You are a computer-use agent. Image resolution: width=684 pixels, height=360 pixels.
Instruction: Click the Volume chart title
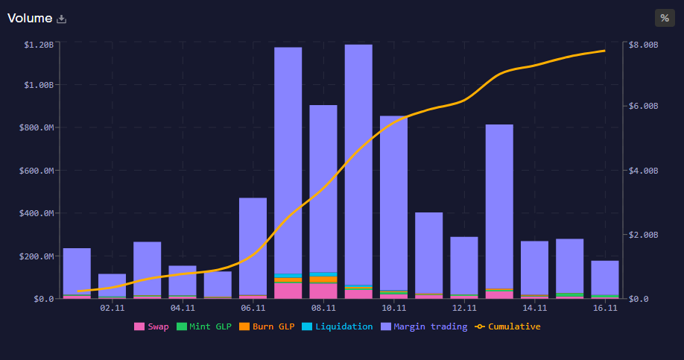30,18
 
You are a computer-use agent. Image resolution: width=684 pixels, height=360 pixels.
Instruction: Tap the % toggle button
664,18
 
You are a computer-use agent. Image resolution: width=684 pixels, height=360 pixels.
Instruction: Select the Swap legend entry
151,326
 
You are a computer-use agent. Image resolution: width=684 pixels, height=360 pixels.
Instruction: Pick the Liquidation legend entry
338,326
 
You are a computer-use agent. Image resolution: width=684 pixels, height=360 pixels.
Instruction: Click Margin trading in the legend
424,326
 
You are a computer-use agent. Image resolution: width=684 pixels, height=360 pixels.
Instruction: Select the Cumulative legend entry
508,326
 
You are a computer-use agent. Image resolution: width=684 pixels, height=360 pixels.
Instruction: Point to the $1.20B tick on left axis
39,45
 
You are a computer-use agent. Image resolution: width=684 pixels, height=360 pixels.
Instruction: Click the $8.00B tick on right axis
644,45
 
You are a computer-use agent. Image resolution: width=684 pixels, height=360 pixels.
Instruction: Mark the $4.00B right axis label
644,171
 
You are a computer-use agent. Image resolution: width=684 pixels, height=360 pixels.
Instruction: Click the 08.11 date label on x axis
323,307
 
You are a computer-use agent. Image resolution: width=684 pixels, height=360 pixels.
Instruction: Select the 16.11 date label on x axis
605,307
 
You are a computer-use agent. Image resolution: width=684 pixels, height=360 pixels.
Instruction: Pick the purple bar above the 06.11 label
253,246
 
